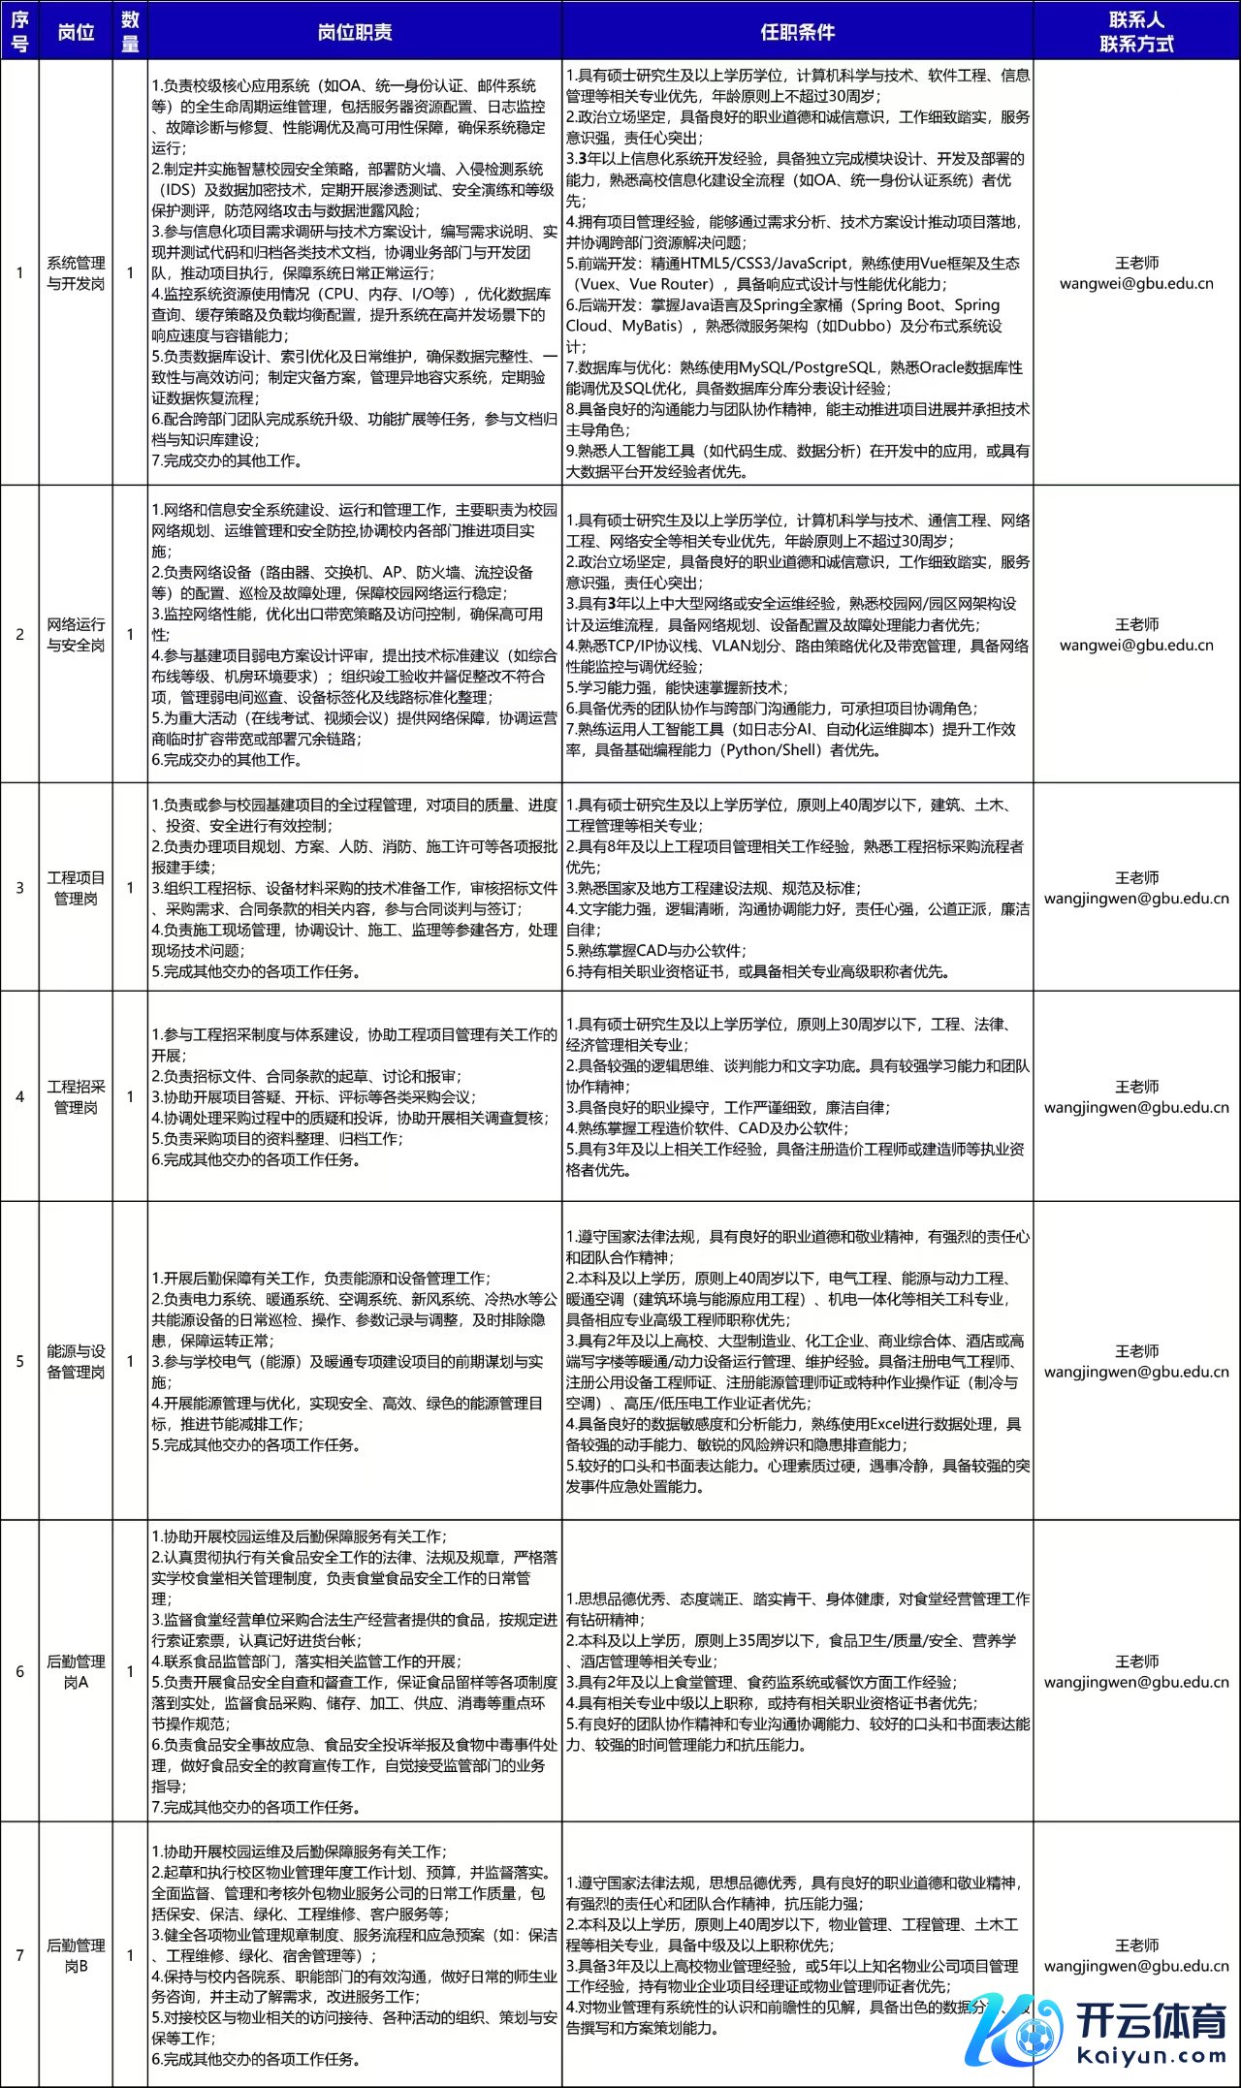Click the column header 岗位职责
(355, 32)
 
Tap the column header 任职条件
(797, 32)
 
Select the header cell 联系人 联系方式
(1136, 32)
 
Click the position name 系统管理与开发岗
(76, 272)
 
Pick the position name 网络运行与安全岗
(76, 634)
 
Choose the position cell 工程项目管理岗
(76, 887)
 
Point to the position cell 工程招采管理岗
(76, 1096)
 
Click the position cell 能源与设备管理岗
(76, 1361)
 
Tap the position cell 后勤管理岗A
(76, 1671)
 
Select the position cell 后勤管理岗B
(76, 1955)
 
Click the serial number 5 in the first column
(19, 1361)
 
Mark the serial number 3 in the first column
(19, 887)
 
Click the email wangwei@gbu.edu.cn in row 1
(1136, 284)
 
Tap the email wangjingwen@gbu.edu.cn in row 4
(1136, 1107)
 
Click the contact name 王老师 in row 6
(1136, 1661)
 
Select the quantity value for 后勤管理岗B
(130, 1955)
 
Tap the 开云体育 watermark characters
(1151, 2021)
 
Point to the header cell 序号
(19, 32)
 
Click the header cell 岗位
(76, 32)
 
